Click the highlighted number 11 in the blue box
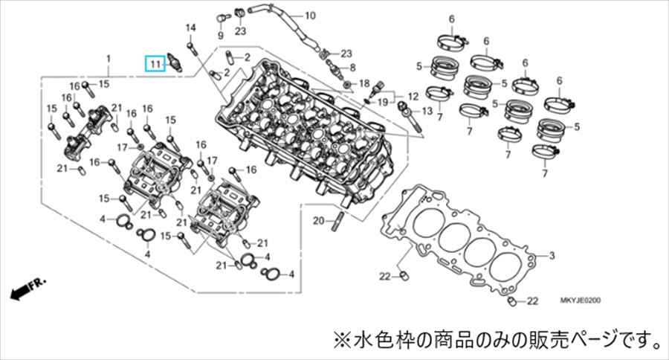click(x=154, y=65)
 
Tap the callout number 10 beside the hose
click(x=289, y=15)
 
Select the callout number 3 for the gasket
click(x=552, y=256)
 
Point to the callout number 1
click(x=108, y=58)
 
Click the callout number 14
click(x=190, y=28)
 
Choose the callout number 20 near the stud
click(x=317, y=220)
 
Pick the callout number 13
click(x=426, y=111)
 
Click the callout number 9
click(x=220, y=35)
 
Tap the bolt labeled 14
click(x=193, y=48)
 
